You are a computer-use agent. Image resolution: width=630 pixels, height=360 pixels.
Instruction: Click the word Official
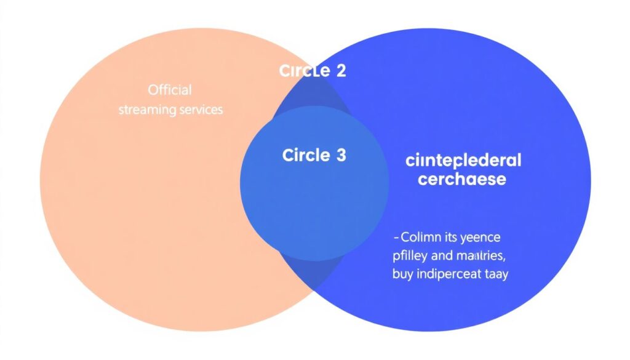(170, 90)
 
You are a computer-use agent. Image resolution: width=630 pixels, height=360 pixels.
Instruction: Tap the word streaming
(145, 110)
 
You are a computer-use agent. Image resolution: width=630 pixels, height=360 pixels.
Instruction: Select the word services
(197, 110)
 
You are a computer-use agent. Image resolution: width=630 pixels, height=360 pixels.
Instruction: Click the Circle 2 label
(313, 71)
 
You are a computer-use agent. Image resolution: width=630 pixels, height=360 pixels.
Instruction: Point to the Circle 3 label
(314, 155)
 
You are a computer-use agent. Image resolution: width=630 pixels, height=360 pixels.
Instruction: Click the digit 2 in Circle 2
(340, 71)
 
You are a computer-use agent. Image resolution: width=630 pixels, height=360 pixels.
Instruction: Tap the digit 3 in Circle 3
(340, 155)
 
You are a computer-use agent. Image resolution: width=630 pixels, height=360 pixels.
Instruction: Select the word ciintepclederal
(463, 161)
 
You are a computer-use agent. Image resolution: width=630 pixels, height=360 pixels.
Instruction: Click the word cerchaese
(462, 180)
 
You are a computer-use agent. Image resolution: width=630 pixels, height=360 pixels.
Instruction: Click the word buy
(402, 274)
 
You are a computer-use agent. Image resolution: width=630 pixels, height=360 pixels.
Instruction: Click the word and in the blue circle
(440, 255)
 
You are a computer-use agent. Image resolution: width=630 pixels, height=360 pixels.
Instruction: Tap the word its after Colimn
(452, 237)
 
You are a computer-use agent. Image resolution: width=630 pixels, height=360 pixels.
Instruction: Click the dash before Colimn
(396, 237)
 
